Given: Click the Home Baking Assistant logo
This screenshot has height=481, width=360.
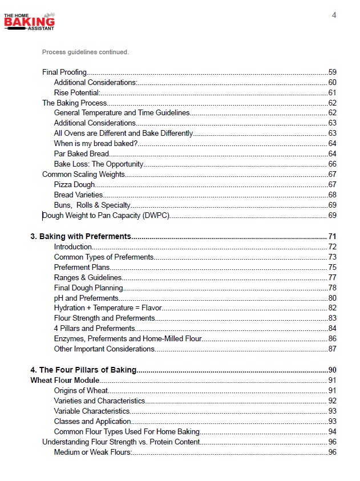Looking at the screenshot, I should (29, 21).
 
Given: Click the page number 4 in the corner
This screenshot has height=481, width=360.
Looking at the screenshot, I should (334, 15).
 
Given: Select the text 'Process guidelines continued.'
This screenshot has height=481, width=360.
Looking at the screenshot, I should (86, 52).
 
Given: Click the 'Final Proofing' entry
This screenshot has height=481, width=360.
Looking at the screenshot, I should (64, 72).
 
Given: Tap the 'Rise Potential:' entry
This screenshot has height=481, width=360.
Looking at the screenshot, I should (77, 93).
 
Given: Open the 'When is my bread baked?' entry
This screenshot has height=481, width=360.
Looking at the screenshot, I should (96, 143).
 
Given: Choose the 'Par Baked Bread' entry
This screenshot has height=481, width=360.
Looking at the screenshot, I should (82, 153).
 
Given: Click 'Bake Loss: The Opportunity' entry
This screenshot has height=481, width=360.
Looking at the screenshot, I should (99, 164).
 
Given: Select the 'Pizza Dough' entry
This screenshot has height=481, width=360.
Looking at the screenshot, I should (75, 185).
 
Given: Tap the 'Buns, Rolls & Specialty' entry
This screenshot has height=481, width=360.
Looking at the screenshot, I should (92, 205).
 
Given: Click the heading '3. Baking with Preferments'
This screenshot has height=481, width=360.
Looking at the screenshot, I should (80, 237).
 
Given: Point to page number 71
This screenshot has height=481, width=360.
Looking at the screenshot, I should (332, 237).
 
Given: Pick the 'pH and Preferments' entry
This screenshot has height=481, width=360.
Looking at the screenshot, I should (86, 298).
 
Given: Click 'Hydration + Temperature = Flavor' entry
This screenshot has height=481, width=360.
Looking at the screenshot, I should (108, 308).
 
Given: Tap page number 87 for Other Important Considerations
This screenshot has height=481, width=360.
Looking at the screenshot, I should (332, 349).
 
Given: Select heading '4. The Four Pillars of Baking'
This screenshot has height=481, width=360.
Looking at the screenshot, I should (83, 370).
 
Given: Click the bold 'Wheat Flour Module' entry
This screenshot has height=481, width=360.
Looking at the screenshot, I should (64, 381).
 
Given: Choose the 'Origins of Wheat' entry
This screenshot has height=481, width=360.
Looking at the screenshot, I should (81, 391).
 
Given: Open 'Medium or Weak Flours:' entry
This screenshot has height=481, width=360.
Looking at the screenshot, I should (93, 452).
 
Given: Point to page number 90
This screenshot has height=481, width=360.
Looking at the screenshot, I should (332, 370).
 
